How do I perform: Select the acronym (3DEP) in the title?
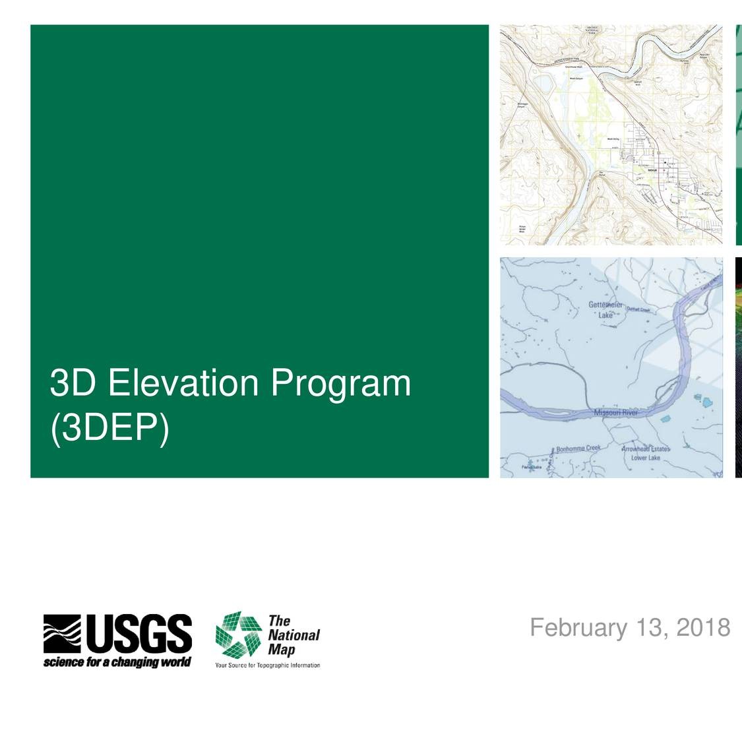[109, 428]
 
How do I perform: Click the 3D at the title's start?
[74, 383]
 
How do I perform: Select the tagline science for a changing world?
[117, 662]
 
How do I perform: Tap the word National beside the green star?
[294, 635]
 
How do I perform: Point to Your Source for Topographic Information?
[267, 665]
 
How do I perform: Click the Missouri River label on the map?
[615, 413]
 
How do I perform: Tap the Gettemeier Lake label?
[605, 310]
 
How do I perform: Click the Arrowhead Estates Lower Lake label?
[645, 453]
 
